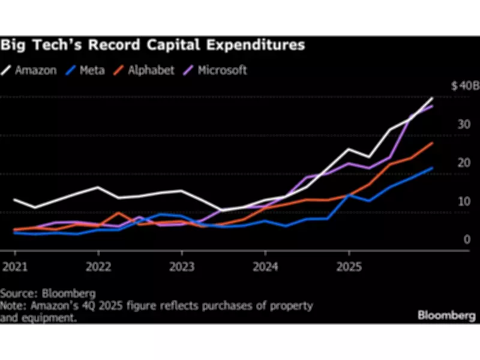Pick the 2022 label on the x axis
97,265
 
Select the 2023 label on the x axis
181,265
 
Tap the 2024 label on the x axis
265,265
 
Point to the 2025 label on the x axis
349,265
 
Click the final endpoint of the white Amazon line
433,98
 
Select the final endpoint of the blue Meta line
433,168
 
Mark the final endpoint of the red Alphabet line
433,143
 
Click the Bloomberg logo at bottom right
446,314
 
